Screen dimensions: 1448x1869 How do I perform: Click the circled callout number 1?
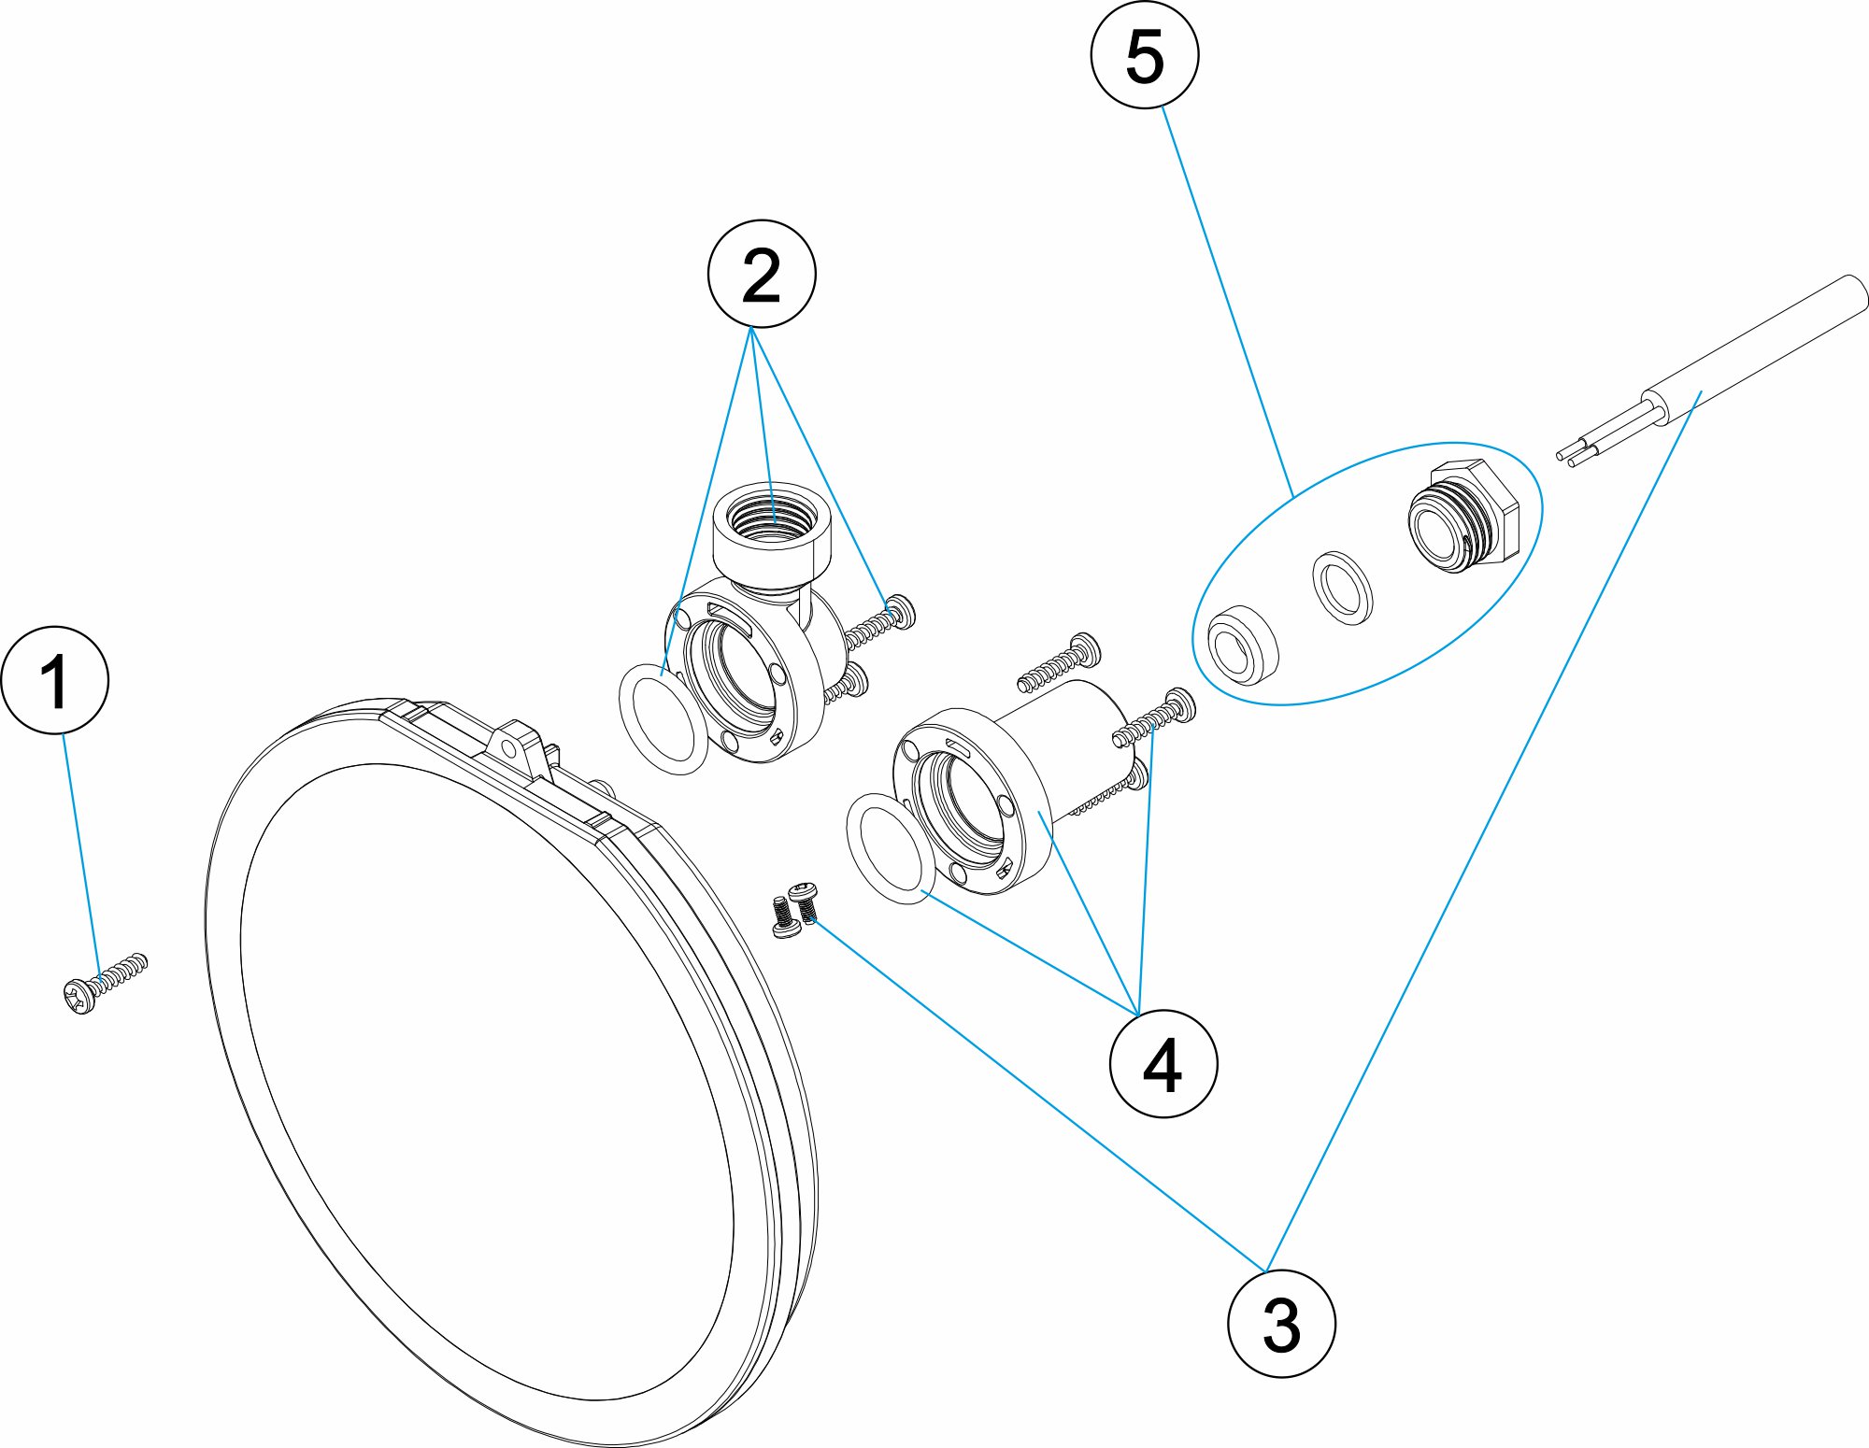pyautogui.click(x=55, y=680)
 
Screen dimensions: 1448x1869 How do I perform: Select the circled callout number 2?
pyautogui.click(x=762, y=275)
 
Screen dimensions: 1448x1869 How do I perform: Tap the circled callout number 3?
pyautogui.click(x=1281, y=1324)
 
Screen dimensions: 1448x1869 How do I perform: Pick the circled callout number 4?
pyautogui.click(x=1163, y=1064)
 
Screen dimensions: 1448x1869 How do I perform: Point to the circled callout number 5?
pyautogui.click(x=1145, y=54)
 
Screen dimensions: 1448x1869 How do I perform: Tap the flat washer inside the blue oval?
pyautogui.click(x=1343, y=587)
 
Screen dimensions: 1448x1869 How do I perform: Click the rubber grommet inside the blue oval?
pyautogui.click(x=1242, y=645)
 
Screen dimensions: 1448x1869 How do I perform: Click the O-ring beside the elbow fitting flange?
pyautogui.click(x=663, y=718)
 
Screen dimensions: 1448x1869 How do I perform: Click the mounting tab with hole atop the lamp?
pyautogui.click(x=512, y=746)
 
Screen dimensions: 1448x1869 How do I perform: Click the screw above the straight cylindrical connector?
pyautogui.click(x=1060, y=662)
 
